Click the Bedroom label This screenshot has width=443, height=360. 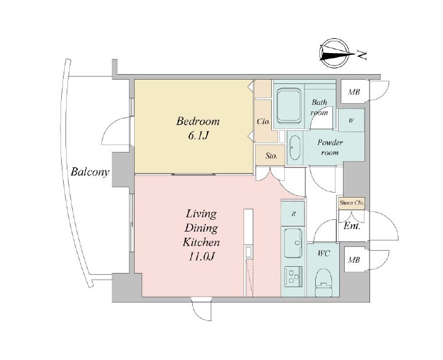[x=198, y=122]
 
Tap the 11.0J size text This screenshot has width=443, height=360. [x=201, y=256]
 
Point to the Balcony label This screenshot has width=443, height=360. [x=90, y=172]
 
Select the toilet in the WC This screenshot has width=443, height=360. [x=324, y=281]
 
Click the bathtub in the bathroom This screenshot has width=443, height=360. [x=289, y=106]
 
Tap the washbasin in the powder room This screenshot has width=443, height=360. [x=295, y=148]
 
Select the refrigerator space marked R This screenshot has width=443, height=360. [x=293, y=214]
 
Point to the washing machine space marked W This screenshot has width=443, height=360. [x=351, y=120]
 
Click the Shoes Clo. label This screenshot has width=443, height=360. [x=352, y=203]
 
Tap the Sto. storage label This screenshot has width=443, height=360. [x=271, y=156]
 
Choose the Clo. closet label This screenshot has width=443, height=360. [x=264, y=122]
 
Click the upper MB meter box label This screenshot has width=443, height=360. [x=354, y=92]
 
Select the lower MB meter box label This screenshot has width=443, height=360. [x=354, y=260]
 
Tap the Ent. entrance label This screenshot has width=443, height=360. [x=352, y=226]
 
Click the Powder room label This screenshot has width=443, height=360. [x=330, y=148]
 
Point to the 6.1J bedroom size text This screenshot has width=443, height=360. [x=198, y=136]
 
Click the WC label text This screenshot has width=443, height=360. [x=324, y=254]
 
